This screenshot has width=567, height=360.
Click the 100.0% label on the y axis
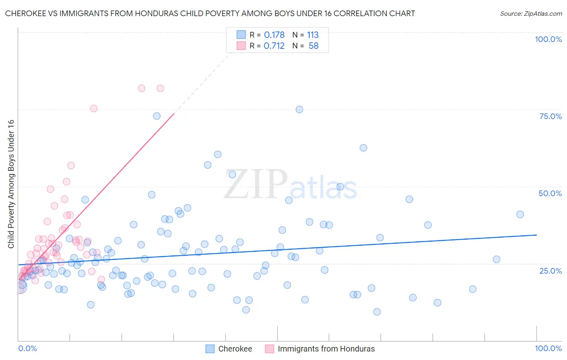(548, 39)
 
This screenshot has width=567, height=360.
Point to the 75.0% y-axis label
(550, 116)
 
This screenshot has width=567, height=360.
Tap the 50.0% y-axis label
(550, 193)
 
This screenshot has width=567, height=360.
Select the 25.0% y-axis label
(550, 270)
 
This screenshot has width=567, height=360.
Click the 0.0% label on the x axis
(27, 348)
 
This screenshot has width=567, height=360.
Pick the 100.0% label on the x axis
(548, 348)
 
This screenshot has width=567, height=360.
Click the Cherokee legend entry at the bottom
(235, 349)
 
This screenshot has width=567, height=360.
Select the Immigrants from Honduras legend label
(326, 349)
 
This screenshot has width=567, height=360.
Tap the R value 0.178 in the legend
(274, 35)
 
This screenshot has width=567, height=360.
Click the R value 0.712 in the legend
(274, 46)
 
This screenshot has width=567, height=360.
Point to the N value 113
(313, 35)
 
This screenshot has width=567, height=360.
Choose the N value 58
(313, 46)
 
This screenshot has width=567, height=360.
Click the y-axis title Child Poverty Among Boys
(11, 184)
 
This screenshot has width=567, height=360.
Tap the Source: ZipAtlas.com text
(531, 14)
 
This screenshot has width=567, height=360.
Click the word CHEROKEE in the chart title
(25, 14)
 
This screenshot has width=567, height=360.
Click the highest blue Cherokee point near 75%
(299, 109)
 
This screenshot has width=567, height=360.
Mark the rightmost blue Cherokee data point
(520, 214)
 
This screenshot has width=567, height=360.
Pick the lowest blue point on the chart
(377, 312)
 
